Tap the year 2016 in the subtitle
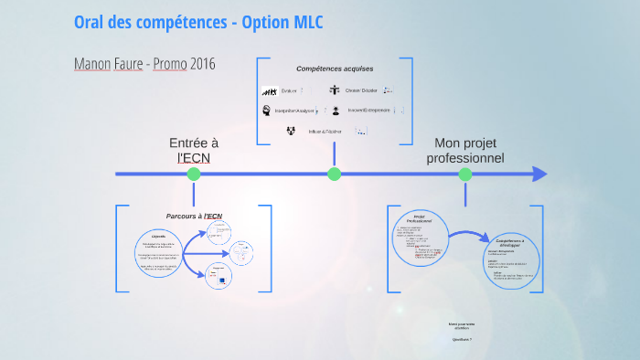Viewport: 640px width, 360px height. [x=203, y=64]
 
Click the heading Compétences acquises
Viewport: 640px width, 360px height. [x=335, y=69]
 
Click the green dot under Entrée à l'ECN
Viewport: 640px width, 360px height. [x=193, y=174]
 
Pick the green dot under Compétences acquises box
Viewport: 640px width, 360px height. [x=334, y=174]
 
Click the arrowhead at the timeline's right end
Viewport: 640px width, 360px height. [x=539, y=174]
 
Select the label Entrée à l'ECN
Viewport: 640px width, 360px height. [x=194, y=150]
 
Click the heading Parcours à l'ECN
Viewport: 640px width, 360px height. [x=194, y=216]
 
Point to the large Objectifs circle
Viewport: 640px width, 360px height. [x=160, y=251]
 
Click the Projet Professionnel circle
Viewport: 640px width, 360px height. [x=420, y=239]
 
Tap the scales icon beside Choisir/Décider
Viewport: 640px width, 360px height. [x=335, y=90]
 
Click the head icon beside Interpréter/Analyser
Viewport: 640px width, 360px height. [x=267, y=111]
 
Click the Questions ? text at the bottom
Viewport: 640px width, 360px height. [x=462, y=339]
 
